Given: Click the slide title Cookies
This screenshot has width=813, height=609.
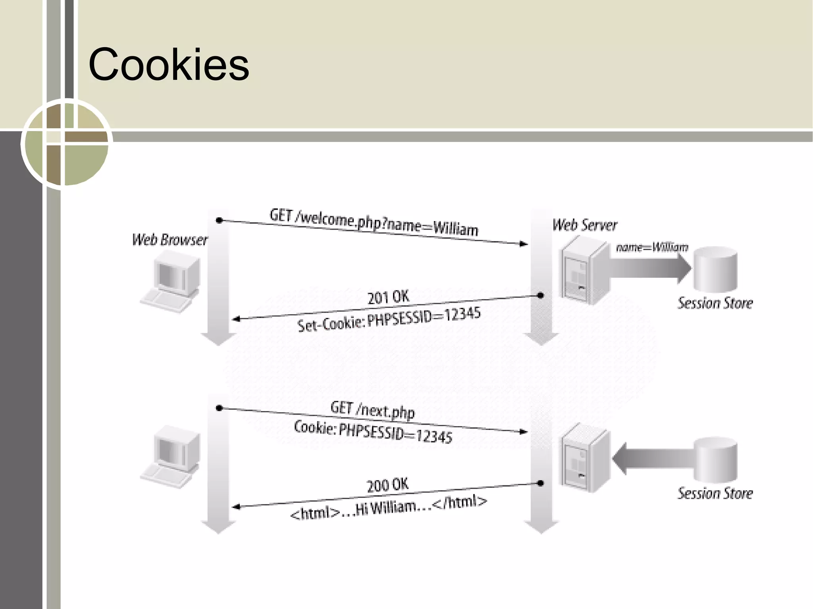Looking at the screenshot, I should pyautogui.click(x=169, y=64).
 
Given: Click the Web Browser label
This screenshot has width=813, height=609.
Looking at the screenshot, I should pyautogui.click(x=170, y=240).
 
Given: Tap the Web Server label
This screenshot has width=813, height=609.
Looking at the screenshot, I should pyautogui.click(x=585, y=225).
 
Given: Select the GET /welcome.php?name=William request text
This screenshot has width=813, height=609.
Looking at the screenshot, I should pyautogui.click(x=374, y=223).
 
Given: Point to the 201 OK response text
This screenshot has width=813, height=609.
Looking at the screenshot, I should pyautogui.click(x=388, y=297).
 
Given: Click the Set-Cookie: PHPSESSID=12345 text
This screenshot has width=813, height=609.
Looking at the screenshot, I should pyautogui.click(x=389, y=319).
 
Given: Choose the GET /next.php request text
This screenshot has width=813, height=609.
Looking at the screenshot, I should pyautogui.click(x=372, y=409).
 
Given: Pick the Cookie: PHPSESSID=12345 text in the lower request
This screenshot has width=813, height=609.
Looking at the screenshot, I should pyautogui.click(x=373, y=432).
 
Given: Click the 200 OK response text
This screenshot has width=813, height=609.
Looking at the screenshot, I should pyautogui.click(x=387, y=484).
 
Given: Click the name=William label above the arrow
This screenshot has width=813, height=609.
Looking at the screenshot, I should pyautogui.click(x=651, y=248).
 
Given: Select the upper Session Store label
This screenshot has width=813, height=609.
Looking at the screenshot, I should pyautogui.click(x=715, y=303).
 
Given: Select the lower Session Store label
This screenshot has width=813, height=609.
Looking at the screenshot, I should pyautogui.click(x=715, y=493).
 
